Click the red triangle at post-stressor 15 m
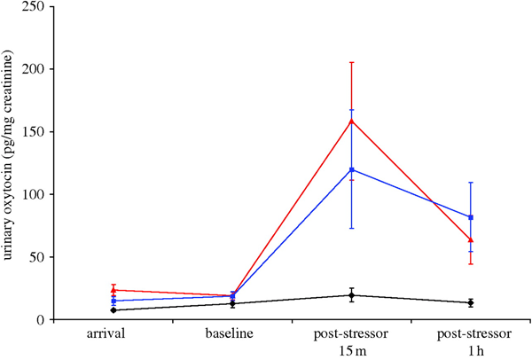point(352,121)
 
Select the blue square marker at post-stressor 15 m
point(352,169)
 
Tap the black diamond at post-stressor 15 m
point(352,295)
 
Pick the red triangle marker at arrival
point(113,290)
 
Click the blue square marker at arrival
point(113,301)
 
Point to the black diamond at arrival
point(113,309)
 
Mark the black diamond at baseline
point(232,303)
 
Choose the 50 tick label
point(40,257)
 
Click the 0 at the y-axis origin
point(43,320)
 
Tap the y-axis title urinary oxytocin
point(11,160)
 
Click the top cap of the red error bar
point(352,62)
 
